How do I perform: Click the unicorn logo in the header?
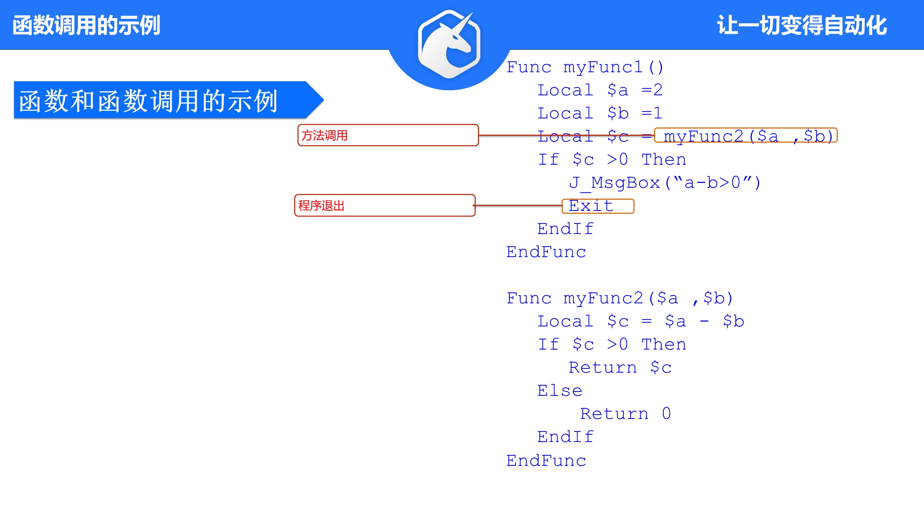(449, 44)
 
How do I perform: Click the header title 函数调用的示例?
(86, 25)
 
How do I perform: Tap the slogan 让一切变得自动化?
(802, 25)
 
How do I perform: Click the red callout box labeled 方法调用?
(388, 135)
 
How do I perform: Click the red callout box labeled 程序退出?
(384, 205)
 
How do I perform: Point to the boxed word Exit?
(598, 206)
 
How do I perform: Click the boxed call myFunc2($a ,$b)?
(745, 136)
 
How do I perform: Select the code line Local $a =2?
(600, 90)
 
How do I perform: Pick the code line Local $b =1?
(600, 113)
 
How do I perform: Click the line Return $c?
(620, 368)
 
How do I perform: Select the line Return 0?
(626, 414)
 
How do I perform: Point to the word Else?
(559, 391)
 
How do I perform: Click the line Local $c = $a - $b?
(641, 321)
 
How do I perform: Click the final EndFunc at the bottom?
(546, 461)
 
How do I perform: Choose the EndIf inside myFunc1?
(565, 229)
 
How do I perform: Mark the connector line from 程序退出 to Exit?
(518, 205)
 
